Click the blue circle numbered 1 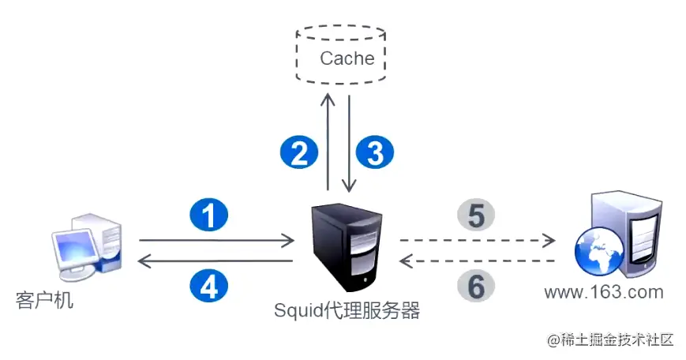coord(209,215)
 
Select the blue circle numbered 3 coord(376,152)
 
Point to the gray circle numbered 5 coord(476,214)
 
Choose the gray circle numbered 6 coord(476,287)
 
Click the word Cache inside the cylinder coord(347,58)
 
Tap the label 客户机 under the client coord(44,300)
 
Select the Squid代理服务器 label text coord(347,310)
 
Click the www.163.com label coord(603,293)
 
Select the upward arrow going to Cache coord(327,142)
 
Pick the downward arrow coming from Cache coord(347,142)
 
